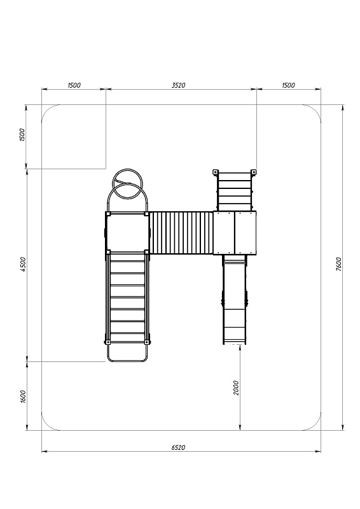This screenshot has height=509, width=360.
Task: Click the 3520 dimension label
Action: pos(178,85)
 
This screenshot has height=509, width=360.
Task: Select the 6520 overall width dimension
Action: pos(178,447)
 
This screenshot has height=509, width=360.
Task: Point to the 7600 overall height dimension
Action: pos(338,264)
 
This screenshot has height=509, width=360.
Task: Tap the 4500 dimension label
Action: pos(23,264)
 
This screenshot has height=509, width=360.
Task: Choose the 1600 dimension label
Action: pos(23,396)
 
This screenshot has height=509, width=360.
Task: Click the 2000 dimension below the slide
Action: pos(236,387)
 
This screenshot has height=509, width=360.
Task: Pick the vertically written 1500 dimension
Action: pos(22,135)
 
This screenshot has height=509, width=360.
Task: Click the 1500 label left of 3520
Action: pos(74,85)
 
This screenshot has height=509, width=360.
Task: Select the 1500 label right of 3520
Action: pos(288,85)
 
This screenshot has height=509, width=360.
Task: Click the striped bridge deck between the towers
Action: pos(181,233)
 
